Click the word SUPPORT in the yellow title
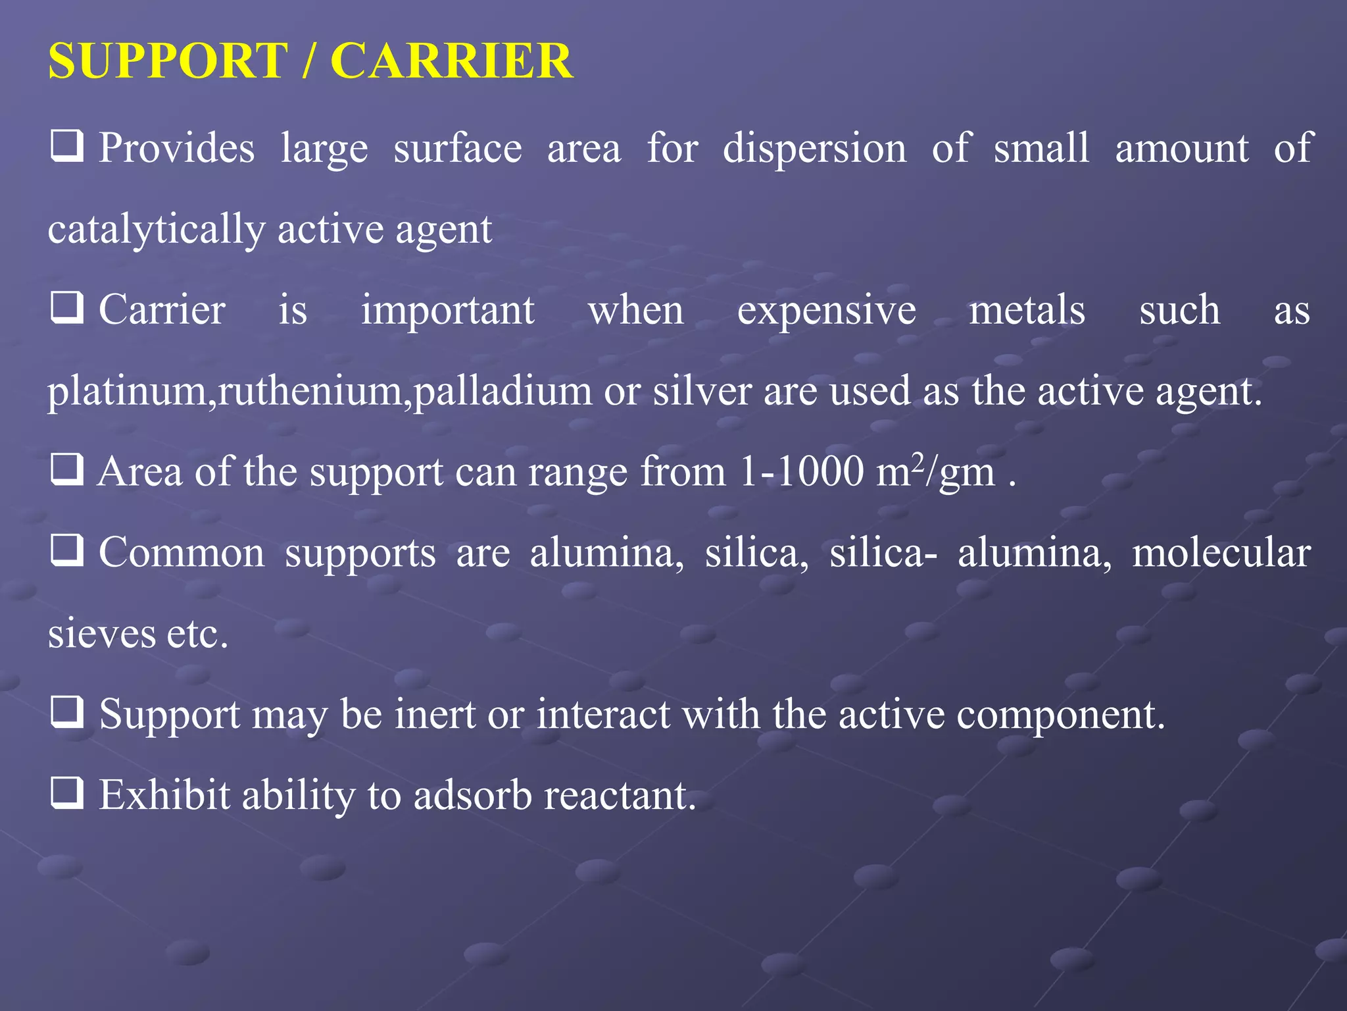(168, 61)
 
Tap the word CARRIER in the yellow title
(451, 61)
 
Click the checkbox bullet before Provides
(67, 146)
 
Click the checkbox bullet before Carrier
(67, 308)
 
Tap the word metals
(1027, 310)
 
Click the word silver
(702, 391)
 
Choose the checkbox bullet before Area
(67, 469)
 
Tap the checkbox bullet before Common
(67, 550)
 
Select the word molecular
(1221, 552)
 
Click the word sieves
(102, 634)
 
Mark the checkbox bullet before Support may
(67, 712)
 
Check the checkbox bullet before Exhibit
(67, 793)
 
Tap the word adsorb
(472, 795)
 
